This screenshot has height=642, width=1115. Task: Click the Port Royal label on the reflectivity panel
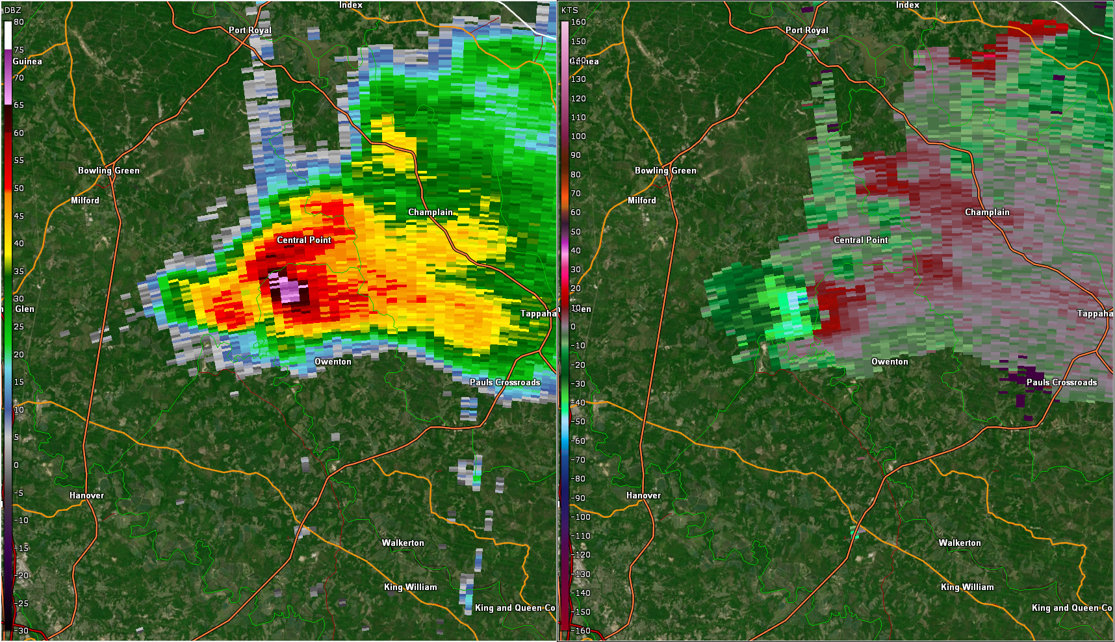coord(250,30)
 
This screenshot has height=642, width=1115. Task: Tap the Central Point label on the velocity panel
coord(860,240)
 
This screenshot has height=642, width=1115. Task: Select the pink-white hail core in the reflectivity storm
coord(288,290)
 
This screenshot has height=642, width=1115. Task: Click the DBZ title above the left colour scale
coord(13,10)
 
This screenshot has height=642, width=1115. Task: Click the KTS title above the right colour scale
coord(570,10)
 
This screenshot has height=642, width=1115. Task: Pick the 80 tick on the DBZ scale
coord(19,21)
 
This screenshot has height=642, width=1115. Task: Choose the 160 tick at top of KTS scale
coord(578,21)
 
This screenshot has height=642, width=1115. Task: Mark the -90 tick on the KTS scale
coord(578,498)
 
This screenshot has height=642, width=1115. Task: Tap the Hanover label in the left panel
coord(86,495)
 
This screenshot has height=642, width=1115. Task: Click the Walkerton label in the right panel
coord(960,543)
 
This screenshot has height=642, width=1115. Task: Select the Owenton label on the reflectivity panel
coord(333,361)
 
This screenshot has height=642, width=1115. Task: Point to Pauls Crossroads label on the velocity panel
coord(1062,382)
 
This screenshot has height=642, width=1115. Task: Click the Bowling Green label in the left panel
coord(109,170)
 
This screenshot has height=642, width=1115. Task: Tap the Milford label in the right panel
coord(641,200)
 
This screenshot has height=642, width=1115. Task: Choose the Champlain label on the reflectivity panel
coord(430,212)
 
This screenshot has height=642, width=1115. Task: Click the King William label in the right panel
coord(967,587)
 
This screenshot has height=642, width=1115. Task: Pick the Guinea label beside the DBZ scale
coord(27,61)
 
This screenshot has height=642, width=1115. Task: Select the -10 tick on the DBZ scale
coord(21,520)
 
